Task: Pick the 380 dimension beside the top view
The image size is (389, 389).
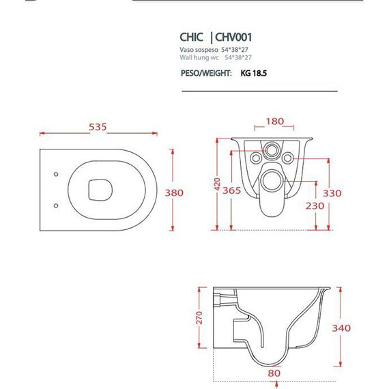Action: (175, 193)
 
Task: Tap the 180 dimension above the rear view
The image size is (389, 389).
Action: (274, 121)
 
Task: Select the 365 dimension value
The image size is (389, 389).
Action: (232, 191)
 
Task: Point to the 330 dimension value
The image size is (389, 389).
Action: (332, 193)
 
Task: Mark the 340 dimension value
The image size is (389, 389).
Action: (341, 328)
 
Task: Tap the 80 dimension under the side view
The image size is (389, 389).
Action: (273, 374)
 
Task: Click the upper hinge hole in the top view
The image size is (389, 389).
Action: (55, 174)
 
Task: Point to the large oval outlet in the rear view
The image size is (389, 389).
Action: (274, 181)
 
